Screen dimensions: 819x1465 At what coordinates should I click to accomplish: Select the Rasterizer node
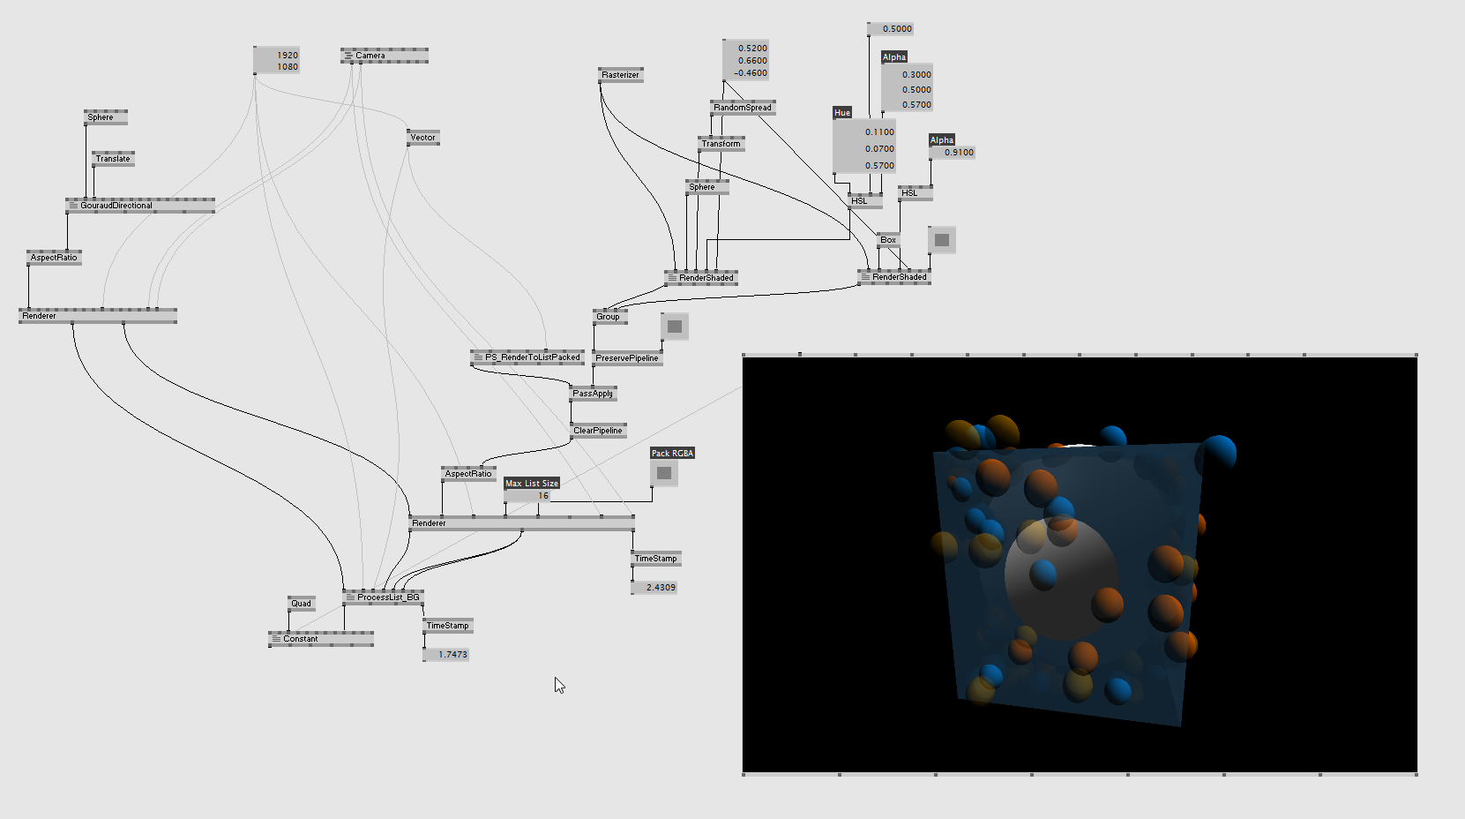[x=620, y=75]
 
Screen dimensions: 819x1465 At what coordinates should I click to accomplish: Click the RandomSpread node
[x=743, y=108]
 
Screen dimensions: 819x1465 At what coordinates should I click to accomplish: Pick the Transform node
[x=721, y=144]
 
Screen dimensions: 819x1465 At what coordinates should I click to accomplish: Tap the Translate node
[x=113, y=159]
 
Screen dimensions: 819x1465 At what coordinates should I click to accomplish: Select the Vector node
[x=422, y=138]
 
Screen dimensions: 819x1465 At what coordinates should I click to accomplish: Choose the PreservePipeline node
[x=626, y=358]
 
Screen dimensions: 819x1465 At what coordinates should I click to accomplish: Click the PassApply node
[x=593, y=394]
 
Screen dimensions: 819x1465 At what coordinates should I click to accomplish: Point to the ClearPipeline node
[x=598, y=431]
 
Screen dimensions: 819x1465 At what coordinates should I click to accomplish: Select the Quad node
[x=301, y=604]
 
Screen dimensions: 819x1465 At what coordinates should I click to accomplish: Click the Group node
[x=609, y=317]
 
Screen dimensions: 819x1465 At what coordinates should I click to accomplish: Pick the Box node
[x=888, y=240]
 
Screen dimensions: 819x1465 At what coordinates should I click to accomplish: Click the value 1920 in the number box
[x=287, y=55]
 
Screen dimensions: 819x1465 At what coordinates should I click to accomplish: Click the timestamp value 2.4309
[x=660, y=588]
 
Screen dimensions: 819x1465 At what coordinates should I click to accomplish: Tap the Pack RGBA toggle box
[x=664, y=473]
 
